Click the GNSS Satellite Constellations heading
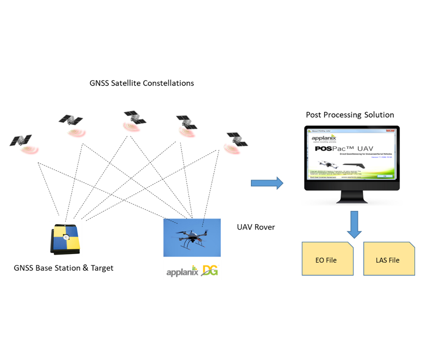pyautogui.click(x=142, y=83)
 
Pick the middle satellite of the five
pyautogui.click(x=134, y=117)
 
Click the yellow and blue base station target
pyautogui.click(x=65, y=239)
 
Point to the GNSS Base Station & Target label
pyautogui.click(x=64, y=268)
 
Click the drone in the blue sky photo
pyautogui.click(x=192, y=237)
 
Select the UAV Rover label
pyautogui.click(x=256, y=227)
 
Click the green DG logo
pyautogui.click(x=210, y=270)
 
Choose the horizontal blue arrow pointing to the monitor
pyautogui.click(x=267, y=183)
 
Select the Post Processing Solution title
pyautogui.click(x=350, y=115)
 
